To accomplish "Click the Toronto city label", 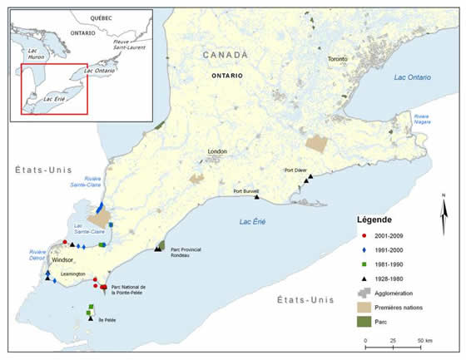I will pyautogui.click(x=337, y=61).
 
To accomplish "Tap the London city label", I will pyautogui.click(x=219, y=151).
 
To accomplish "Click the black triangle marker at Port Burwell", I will pyautogui.click(x=257, y=198).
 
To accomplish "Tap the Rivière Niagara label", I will pyautogui.click(x=424, y=119).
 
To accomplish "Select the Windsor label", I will pyautogui.click(x=63, y=259).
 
